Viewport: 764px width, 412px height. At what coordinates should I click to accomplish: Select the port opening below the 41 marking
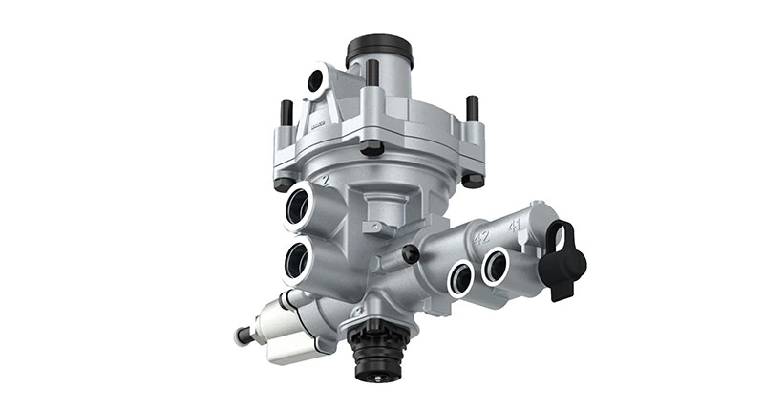(x=497, y=265)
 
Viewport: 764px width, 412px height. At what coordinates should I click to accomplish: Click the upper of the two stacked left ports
(x=300, y=206)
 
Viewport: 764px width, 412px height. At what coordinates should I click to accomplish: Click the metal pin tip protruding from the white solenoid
(x=240, y=335)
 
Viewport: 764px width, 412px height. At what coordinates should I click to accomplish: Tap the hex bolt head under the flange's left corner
(x=283, y=183)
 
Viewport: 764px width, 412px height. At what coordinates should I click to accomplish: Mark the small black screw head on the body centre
(x=412, y=253)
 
